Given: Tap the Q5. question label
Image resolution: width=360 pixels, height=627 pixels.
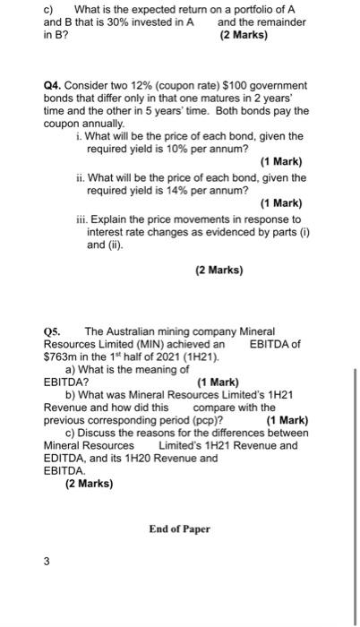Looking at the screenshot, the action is [55, 332].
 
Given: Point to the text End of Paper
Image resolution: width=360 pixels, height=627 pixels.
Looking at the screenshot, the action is [179, 528].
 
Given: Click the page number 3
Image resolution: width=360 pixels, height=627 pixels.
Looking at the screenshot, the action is [47, 563].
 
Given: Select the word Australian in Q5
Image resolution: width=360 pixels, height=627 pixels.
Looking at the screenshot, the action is [125, 332].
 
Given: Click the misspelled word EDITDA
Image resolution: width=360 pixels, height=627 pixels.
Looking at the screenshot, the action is [63, 458].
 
